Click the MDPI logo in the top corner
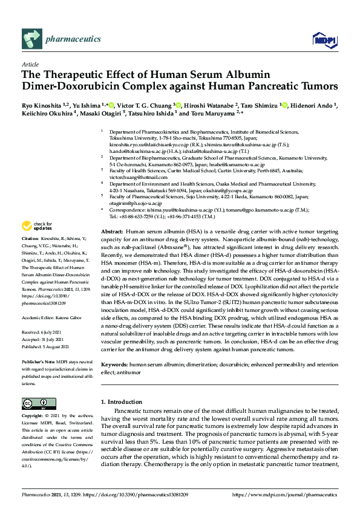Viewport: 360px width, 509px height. pos(324,39)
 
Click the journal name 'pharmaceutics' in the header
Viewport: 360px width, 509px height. pos(73,39)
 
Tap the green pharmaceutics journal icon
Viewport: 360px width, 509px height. pos(31,39)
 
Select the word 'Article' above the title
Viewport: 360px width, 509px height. pos(30,63)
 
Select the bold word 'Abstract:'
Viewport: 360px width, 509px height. pos(112,232)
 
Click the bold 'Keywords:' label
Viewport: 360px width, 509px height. pos(114,348)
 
